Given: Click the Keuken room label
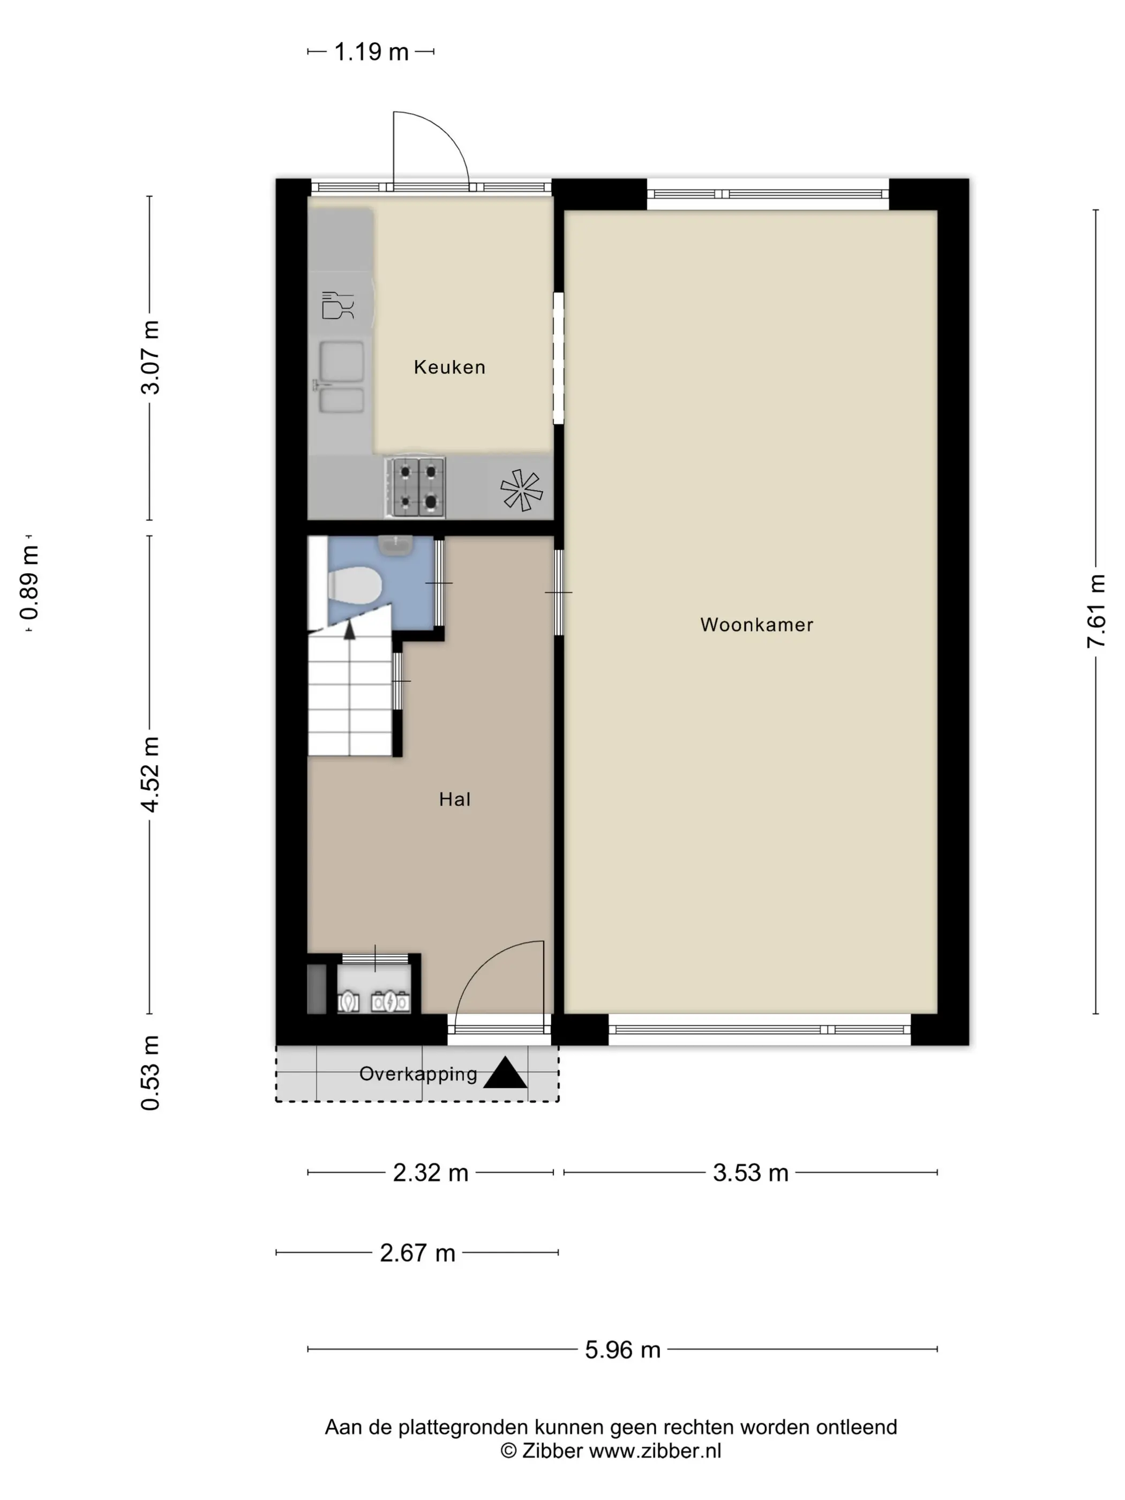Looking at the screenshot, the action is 449,367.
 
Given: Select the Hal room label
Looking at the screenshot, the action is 454,799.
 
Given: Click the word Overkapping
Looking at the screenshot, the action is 418,1074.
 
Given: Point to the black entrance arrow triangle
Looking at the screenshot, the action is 505,1074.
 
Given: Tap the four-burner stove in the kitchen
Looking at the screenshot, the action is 415,486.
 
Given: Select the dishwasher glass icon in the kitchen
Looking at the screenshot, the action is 337,306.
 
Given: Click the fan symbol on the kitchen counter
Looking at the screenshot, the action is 521,490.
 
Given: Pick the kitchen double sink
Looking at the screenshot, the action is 341,377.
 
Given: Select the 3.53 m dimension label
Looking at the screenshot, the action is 751,1173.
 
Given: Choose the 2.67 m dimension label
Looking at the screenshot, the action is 417,1252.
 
